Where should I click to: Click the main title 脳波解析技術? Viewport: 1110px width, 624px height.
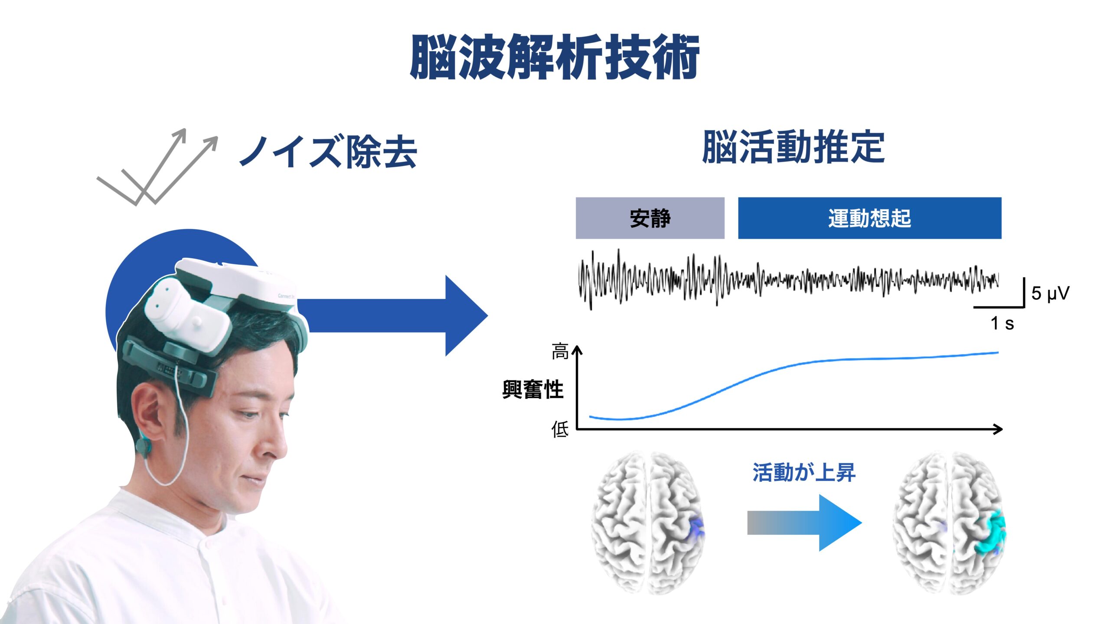pyautogui.click(x=555, y=57)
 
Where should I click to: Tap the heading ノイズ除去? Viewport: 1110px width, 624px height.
pyautogui.click(x=328, y=151)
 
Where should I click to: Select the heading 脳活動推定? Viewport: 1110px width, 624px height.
pyautogui.click(x=793, y=147)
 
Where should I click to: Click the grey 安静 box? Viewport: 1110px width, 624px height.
pyautogui.click(x=650, y=218)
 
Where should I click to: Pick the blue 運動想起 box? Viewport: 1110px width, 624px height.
pyautogui.click(x=870, y=218)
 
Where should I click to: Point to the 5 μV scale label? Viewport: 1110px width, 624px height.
pyautogui.click(x=1050, y=293)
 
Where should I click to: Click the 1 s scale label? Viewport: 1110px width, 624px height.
pyautogui.click(x=1002, y=323)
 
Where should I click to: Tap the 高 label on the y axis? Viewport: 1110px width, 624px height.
pyautogui.click(x=560, y=351)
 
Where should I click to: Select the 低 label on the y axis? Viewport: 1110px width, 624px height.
pyautogui.click(x=560, y=429)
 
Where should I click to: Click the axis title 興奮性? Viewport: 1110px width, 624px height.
pyautogui.click(x=533, y=389)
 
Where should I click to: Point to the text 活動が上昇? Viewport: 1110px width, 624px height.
pyautogui.click(x=804, y=472)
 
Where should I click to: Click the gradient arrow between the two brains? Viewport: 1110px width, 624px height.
pyautogui.click(x=804, y=523)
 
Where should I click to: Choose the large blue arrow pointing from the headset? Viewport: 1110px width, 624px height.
pyautogui.click(x=392, y=315)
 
